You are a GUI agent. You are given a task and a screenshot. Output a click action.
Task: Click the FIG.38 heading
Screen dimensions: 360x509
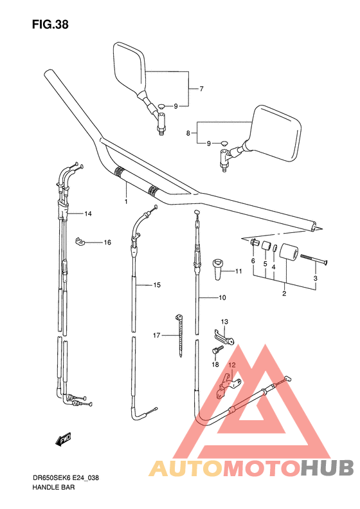click(x=50, y=24)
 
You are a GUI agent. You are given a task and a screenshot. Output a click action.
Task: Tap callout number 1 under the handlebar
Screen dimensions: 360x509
click(x=126, y=201)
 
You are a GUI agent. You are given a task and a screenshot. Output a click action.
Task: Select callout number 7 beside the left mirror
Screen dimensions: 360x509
click(x=201, y=89)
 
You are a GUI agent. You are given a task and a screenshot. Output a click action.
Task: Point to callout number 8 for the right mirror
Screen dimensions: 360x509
click(x=188, y=133)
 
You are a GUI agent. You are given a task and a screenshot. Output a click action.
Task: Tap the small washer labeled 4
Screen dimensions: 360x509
click(x=274, y=248)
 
